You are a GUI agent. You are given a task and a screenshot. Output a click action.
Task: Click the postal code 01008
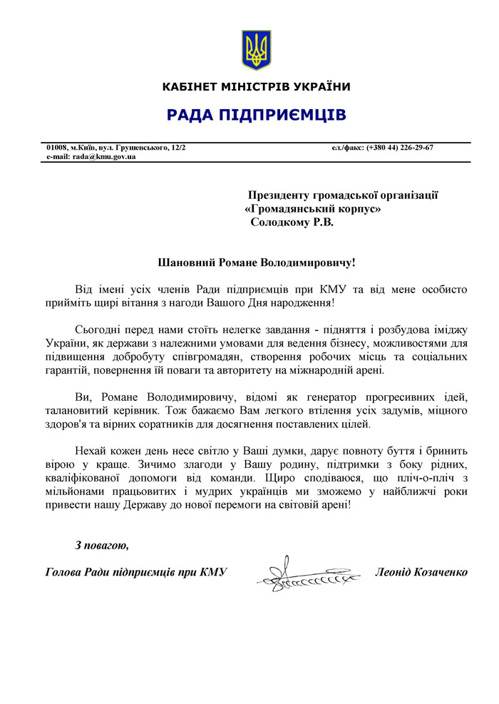click(x=58, y=147)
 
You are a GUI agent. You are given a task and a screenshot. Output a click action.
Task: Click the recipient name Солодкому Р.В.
click(x=292, y=222)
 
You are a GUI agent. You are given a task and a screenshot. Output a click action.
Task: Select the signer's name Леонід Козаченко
click(x=421, y=572)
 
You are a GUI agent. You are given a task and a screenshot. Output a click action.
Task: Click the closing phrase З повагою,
click(x=102, y=546)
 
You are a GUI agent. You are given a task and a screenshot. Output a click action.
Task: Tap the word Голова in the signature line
click(x=61, y=572)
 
